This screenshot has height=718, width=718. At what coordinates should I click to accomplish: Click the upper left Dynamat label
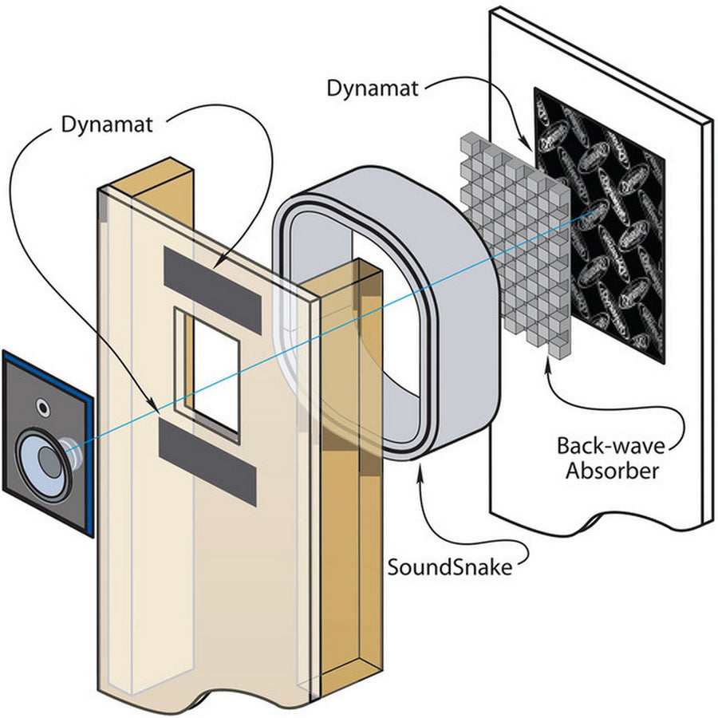pyautogui.click(x=108, y=124)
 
